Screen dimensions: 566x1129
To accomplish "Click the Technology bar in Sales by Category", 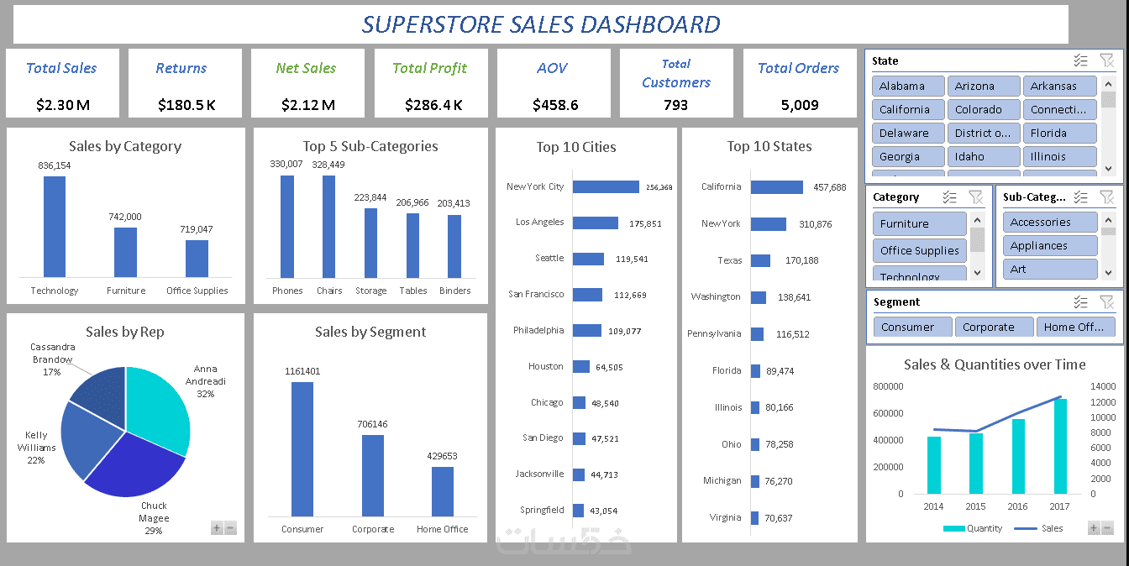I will (x=55, y=226).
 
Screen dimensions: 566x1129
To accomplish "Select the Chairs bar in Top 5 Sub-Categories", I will (x=328, y=226).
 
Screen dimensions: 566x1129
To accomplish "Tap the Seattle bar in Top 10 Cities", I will (x=588, y=259).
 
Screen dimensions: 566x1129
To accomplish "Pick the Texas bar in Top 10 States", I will (x=760, y=260).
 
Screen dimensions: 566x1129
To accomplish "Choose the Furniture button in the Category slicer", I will (x=920, y=223).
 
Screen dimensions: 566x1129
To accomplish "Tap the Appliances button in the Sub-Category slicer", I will (x=1050, y=246).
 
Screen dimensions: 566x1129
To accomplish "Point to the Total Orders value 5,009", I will (x=800, y=105).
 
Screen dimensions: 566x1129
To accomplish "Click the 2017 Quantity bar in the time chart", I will (x=1060, y=446).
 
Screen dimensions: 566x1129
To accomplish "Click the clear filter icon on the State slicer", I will (x=1106, y=60).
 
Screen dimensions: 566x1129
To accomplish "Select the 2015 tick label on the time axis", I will (x=975, y=506).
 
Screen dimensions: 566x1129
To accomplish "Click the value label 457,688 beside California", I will (x=830, y=187).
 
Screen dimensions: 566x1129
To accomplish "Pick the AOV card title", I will (x=552, y=68).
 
